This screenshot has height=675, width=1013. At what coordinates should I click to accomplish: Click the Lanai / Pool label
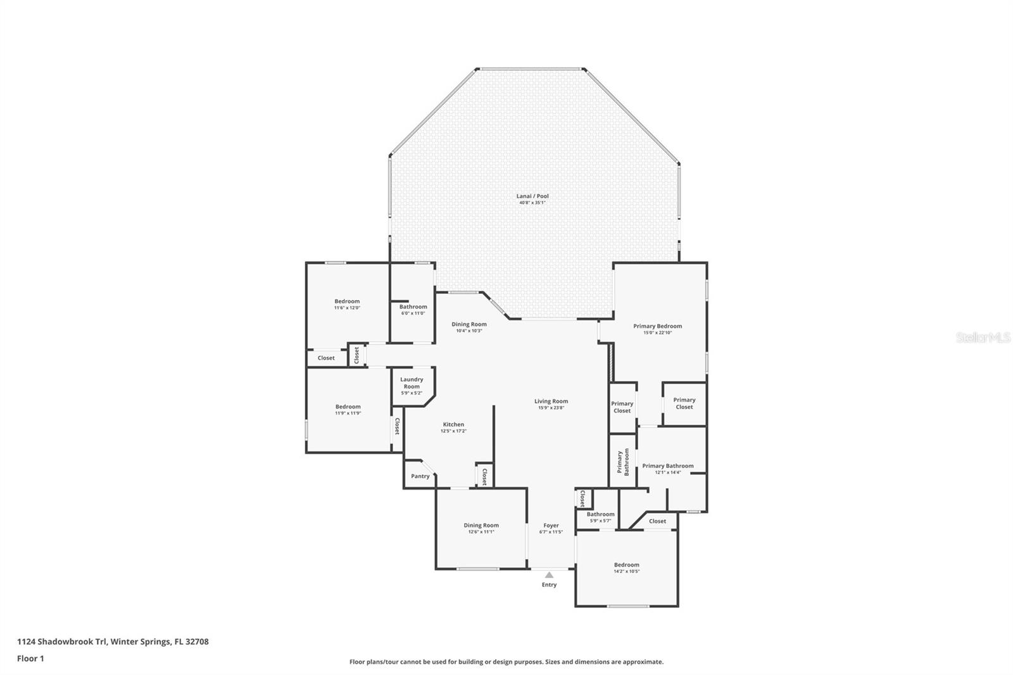point(532,196)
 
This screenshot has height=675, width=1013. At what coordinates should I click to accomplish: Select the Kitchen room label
point(453,424)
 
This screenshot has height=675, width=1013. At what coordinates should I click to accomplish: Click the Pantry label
point(420,476)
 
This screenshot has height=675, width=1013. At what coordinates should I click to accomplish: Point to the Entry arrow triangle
point(549,575)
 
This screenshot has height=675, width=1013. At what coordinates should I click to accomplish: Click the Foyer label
point(551,525)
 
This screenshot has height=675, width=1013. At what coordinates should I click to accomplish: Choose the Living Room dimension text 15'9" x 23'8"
point(551,408)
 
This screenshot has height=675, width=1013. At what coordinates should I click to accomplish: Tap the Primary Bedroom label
point(657,326)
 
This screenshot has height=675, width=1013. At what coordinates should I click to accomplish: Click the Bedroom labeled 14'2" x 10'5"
point(626,565)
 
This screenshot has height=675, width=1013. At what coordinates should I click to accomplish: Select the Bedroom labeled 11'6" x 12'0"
point(347,301)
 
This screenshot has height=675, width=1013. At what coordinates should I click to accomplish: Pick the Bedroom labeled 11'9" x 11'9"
point(348,407)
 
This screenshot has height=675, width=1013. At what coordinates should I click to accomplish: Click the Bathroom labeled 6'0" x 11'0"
point(413,306)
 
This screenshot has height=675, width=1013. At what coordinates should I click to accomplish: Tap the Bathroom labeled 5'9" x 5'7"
point(600,514)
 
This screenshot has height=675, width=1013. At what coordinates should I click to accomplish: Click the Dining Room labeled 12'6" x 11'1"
point(481,525)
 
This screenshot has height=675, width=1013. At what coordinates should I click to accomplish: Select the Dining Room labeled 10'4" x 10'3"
point(469,324)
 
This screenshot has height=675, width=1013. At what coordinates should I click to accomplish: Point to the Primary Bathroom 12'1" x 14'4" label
point(667,466)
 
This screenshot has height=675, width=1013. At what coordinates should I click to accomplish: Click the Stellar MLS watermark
point(983,338)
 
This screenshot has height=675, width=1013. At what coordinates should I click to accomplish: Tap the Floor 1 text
point(30,659)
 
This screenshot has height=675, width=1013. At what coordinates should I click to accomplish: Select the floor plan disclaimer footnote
point(507,662)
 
